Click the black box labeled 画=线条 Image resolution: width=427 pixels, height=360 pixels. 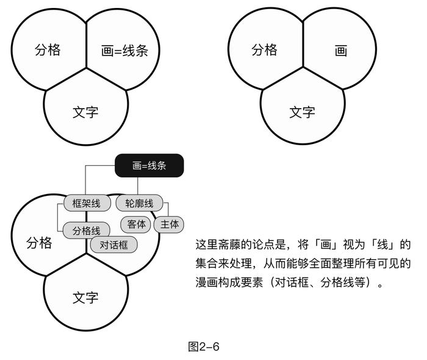149,165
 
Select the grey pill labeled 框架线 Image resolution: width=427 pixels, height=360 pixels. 86,203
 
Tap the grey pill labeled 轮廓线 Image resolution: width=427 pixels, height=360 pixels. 139,203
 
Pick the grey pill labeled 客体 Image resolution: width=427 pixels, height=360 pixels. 137,224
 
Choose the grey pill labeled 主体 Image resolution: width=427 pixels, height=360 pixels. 170,224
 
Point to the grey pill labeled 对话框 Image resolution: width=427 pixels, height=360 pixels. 113,245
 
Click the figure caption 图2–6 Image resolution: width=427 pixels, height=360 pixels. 204,347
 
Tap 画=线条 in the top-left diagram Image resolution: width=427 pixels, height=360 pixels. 125,51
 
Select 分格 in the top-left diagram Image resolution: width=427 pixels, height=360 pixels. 48,49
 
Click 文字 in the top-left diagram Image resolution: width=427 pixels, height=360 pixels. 85,112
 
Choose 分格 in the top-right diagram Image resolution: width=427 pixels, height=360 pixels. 264,49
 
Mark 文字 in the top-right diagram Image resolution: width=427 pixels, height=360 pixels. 302,112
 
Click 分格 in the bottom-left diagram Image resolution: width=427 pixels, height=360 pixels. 39,242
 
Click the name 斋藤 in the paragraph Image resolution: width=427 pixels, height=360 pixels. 231,245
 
